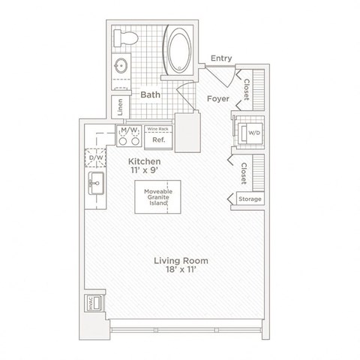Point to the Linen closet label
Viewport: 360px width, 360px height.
click(118, 108)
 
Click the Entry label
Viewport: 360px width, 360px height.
click(221, 58)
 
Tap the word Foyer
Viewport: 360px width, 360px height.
click(217, 97)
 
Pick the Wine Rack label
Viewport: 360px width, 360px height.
click(157, 128)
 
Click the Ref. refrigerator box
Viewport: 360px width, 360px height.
click(158, 139)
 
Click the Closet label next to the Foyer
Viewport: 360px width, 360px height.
click(245, 88)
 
